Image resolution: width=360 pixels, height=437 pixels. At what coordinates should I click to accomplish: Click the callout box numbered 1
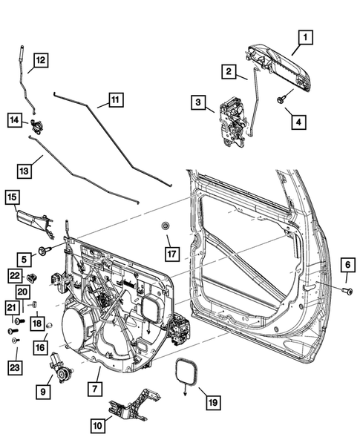point(306,36)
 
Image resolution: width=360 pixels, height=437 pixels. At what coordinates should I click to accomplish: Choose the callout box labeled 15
point(13,197)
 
